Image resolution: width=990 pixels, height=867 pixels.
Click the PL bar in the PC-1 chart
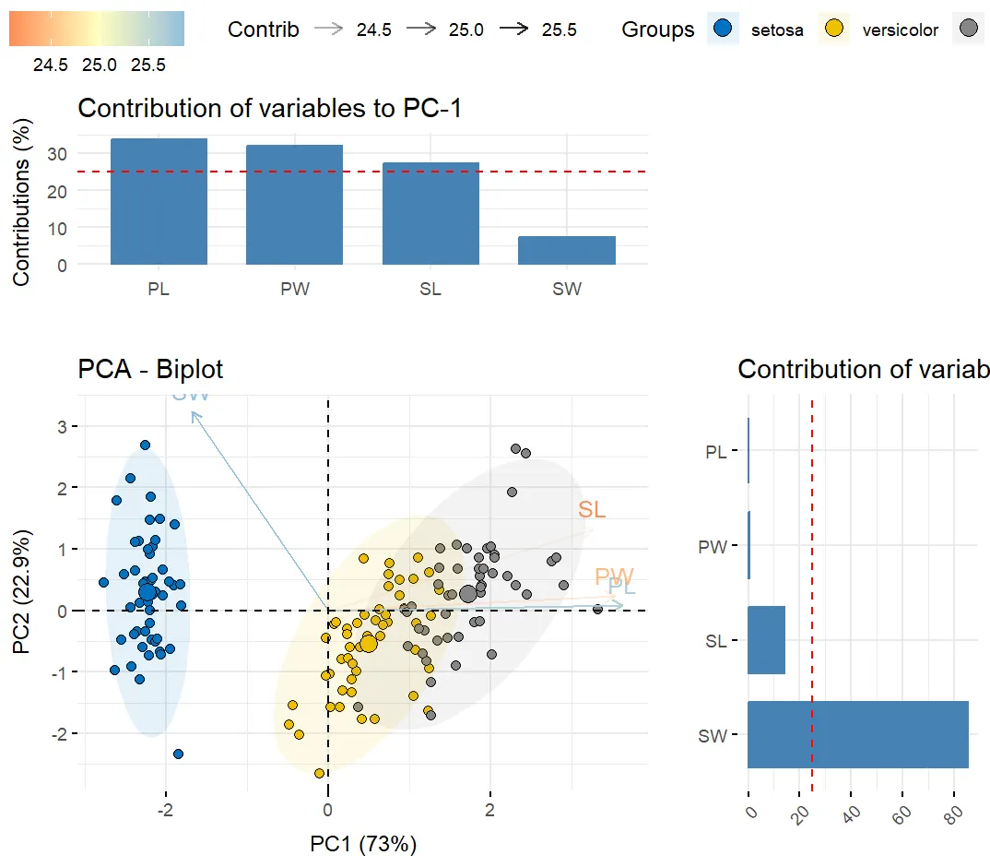(159, 202)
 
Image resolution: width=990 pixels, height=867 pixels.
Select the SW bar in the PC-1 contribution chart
(566, 250)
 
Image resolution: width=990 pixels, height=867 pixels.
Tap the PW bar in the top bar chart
(294, 205)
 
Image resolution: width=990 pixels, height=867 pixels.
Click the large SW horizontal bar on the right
(857, 734)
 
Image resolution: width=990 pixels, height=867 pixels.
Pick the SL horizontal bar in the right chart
(766, 640)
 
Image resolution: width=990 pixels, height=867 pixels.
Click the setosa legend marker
(724, 29)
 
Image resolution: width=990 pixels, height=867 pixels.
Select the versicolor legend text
(900, 30)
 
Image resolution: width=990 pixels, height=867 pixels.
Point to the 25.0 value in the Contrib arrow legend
(466, 30)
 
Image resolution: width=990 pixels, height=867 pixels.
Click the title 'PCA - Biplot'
(150, 370)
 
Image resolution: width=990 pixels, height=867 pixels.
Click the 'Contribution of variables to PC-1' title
(269, 109)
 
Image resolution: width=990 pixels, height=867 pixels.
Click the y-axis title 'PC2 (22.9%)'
(22, 591)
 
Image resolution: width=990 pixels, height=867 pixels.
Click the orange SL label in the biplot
(592, 509)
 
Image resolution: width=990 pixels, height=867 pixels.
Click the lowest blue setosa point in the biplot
(178, 754)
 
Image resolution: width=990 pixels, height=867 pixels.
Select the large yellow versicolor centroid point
(368, 643)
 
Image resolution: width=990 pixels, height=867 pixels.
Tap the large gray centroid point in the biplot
(467, 594)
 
